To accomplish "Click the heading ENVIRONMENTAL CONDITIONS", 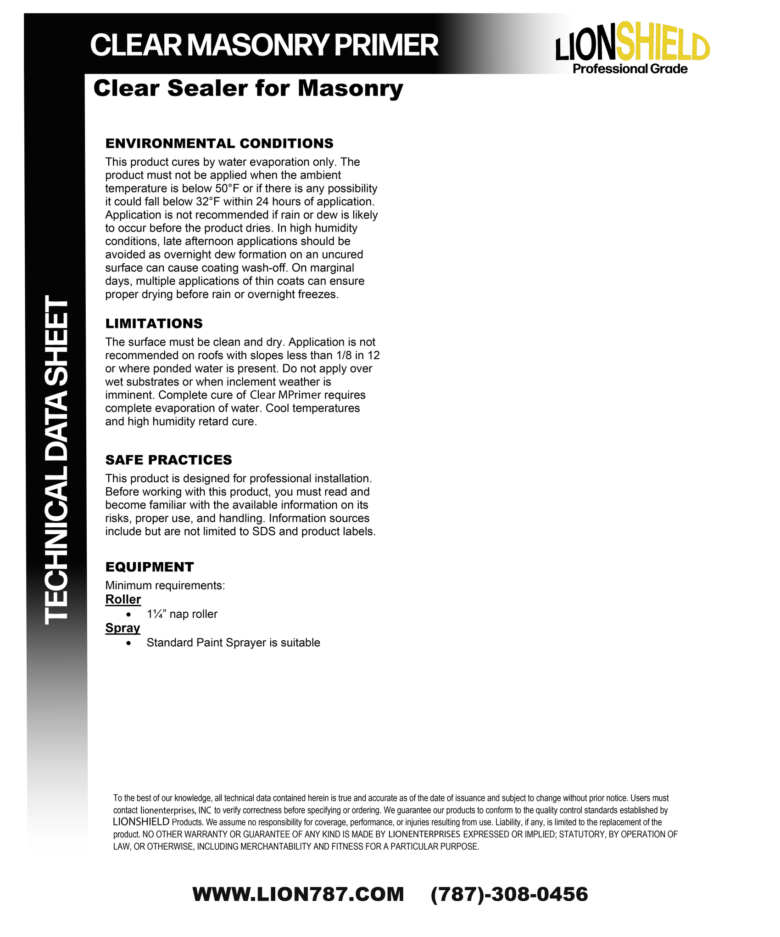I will coord(219,143).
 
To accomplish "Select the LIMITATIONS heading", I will coord(154,323).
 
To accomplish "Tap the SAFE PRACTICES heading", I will coord(168,460).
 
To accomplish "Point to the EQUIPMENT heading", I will coord(150,567).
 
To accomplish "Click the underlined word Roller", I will coord(123,599).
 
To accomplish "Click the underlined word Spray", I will coord(123,628).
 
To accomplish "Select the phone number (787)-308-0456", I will coord(509,894).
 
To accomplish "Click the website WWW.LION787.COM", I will coord(298,894).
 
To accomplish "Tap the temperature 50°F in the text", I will coord(228,188).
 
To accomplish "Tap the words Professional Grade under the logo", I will coord(630,69).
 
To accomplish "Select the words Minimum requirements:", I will coord(165,585).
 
